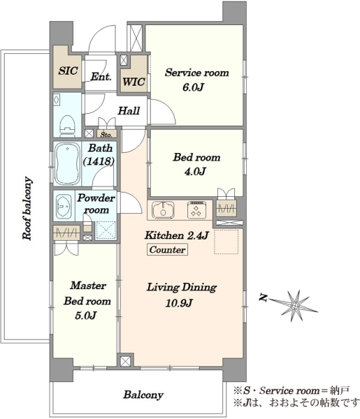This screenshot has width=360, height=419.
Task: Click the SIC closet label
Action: [x=69, y=71]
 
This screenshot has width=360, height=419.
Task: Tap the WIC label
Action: [x=134, y=82]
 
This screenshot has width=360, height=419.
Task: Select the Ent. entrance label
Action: [x=101, y=77]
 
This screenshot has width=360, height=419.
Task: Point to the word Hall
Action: [x=129, y=110]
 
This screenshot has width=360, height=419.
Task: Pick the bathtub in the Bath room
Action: [x=67, y=164]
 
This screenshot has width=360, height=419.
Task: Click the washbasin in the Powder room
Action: [x=64, y=206]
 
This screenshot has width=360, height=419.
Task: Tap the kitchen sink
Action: [x=163, y=209]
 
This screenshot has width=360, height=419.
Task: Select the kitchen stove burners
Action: [x=197, y=209]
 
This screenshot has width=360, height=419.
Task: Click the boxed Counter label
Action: [x=167, y=249]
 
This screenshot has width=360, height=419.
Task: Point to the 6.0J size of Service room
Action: [x=193, y=87]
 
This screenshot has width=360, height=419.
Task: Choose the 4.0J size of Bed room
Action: [x=195, y=171]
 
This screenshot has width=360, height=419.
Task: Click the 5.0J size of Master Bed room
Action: [x=85, y=316]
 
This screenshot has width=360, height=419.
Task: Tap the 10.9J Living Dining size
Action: [x=179, y=303]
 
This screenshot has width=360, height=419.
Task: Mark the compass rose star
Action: [x=296, y=306]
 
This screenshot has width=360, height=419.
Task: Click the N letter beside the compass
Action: [x=264, y=297]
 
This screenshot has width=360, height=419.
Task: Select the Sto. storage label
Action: [x=106, y=135]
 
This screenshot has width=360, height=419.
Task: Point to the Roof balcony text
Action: [x=27, y=208]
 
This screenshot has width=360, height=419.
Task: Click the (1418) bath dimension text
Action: [x=99, y=161]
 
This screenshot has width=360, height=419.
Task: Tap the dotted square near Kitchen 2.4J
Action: [x=226, y=242]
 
